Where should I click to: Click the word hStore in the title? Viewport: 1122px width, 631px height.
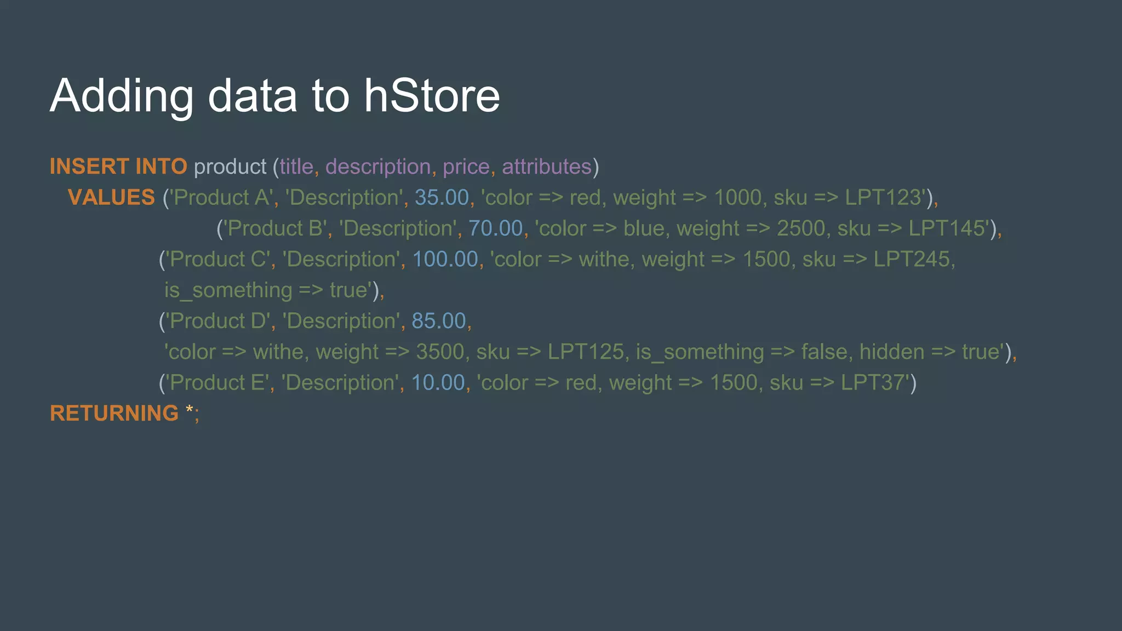(x=432, y=96)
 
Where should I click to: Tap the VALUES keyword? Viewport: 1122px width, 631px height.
(x=111, y=197)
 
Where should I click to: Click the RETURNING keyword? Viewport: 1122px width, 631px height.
(x=114, y=414)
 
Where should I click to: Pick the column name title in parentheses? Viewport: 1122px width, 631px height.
(x=296, y=167)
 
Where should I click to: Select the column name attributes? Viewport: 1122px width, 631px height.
(x=546, y=167)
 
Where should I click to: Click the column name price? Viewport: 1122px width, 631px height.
(x=466, y=167)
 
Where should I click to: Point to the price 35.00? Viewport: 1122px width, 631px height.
(x=442, y=197)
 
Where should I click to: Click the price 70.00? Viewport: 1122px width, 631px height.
(x=495, y=228)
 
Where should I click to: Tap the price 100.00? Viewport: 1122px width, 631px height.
(x=445, y=259)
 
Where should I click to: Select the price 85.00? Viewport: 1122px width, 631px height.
(x=438, y=321)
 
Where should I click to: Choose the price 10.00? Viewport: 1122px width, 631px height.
(x=438, y=383)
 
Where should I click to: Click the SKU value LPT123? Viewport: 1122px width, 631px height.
(x=883, y=197)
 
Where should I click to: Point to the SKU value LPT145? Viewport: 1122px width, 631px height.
(x=947, y=228)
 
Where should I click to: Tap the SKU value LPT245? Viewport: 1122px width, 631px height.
(x=911, y=259)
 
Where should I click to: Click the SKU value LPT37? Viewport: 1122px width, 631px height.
(x=872, y=383)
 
